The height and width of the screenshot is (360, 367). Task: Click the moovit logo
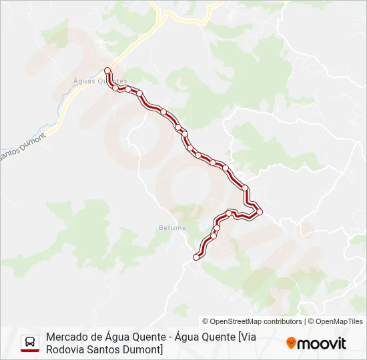click(x=316, y=343)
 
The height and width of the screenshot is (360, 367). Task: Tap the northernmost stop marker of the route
click(x=107, y=70)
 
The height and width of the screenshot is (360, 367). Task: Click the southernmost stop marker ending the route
click(x=196, y=257)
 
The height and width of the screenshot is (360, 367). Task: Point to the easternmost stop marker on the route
click(x=260, y=212)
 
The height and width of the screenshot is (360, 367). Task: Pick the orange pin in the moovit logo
click(x=291, y=343)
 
